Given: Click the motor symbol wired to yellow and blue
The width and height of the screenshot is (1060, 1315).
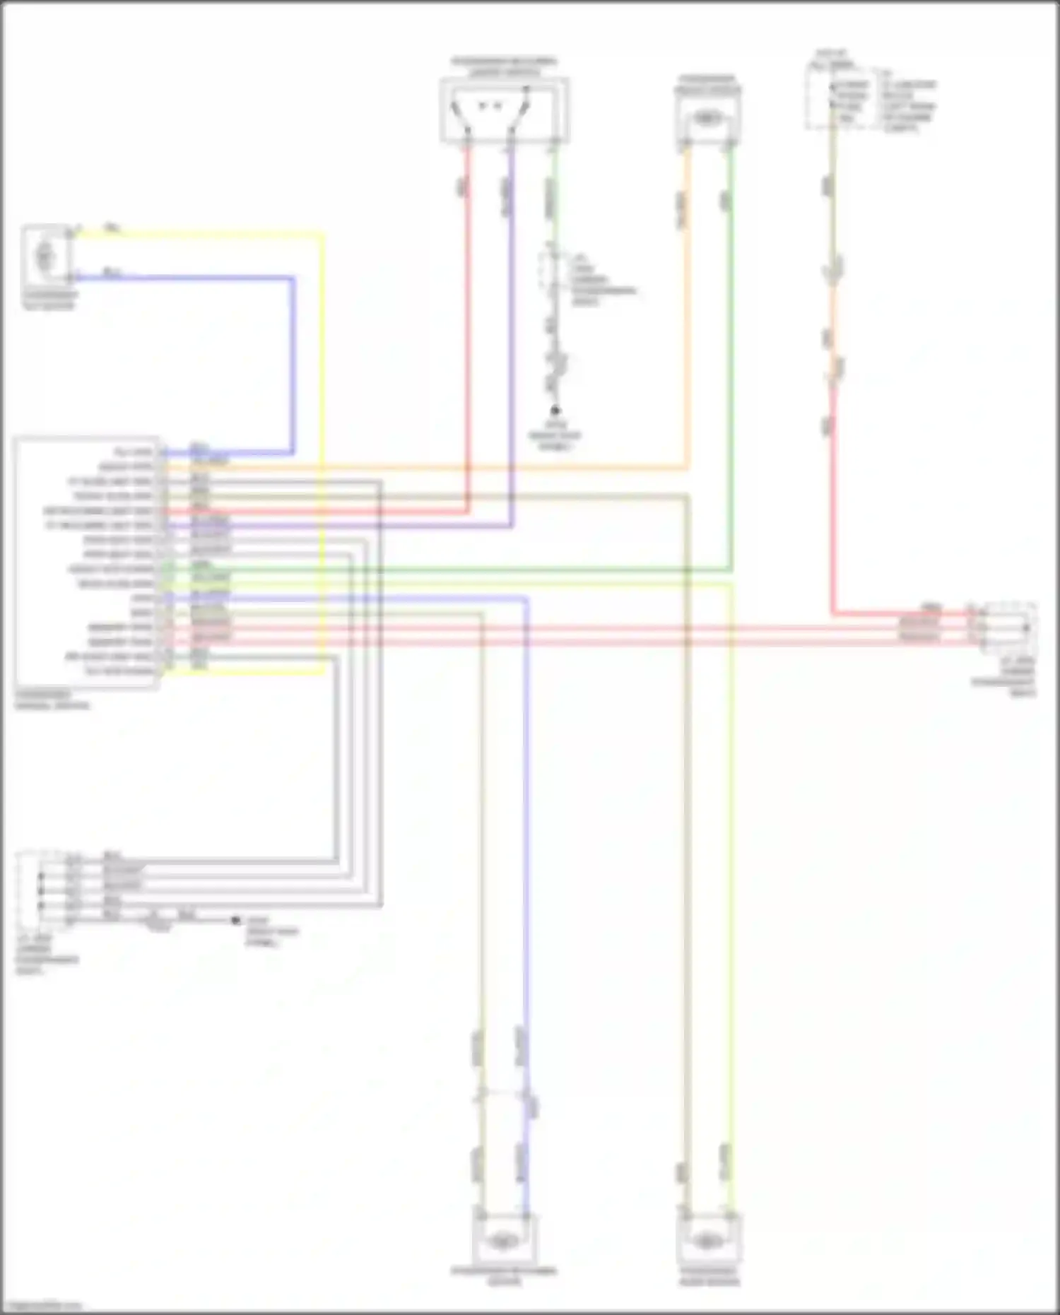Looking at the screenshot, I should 46,254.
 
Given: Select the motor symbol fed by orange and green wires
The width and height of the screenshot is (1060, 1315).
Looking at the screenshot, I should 707,119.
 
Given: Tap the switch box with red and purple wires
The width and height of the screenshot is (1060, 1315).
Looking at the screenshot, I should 505,110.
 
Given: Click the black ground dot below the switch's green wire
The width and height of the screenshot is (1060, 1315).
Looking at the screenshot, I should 555,410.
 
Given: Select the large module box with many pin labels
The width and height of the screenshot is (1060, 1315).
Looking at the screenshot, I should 86,562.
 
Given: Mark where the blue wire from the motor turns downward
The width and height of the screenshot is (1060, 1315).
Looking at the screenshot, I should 293,278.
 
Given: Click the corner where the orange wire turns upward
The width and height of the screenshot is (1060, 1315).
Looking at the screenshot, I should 686,467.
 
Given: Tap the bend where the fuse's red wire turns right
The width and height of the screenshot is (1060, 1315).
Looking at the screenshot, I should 833,613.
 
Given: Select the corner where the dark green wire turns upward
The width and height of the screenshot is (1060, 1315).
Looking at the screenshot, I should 731,569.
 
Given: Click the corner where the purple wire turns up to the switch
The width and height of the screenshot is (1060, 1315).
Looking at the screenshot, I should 511,526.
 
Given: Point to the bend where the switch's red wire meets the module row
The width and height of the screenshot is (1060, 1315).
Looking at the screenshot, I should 466,511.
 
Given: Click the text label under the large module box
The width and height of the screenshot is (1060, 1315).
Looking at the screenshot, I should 52,700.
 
